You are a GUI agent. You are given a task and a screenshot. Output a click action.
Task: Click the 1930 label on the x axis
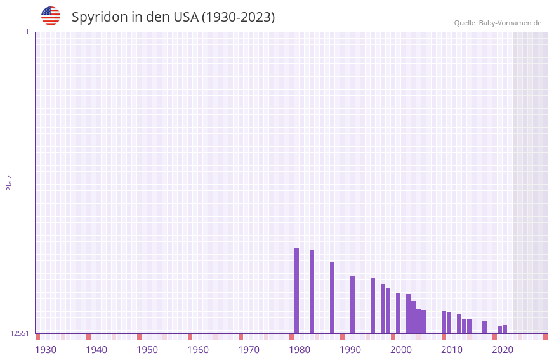[x=46, y=350]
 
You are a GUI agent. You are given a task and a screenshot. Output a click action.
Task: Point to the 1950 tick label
[x=147, y=350]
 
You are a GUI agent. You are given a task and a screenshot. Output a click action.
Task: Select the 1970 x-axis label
[x=249, y=350]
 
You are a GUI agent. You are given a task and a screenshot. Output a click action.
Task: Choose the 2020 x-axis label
[x=503, y=350]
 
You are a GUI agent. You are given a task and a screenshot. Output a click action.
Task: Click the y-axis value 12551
[x=20, y=333]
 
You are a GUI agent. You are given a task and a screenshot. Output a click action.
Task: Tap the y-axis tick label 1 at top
[x=27, y=32]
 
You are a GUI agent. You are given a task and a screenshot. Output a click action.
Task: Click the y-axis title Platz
[x=9, y=182]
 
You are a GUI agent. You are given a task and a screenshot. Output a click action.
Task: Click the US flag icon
[x=51, y=16]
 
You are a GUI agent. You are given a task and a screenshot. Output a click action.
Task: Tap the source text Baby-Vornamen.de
[x=510, y=23]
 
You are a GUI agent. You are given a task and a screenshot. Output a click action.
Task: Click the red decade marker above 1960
[x=190, y=337]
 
